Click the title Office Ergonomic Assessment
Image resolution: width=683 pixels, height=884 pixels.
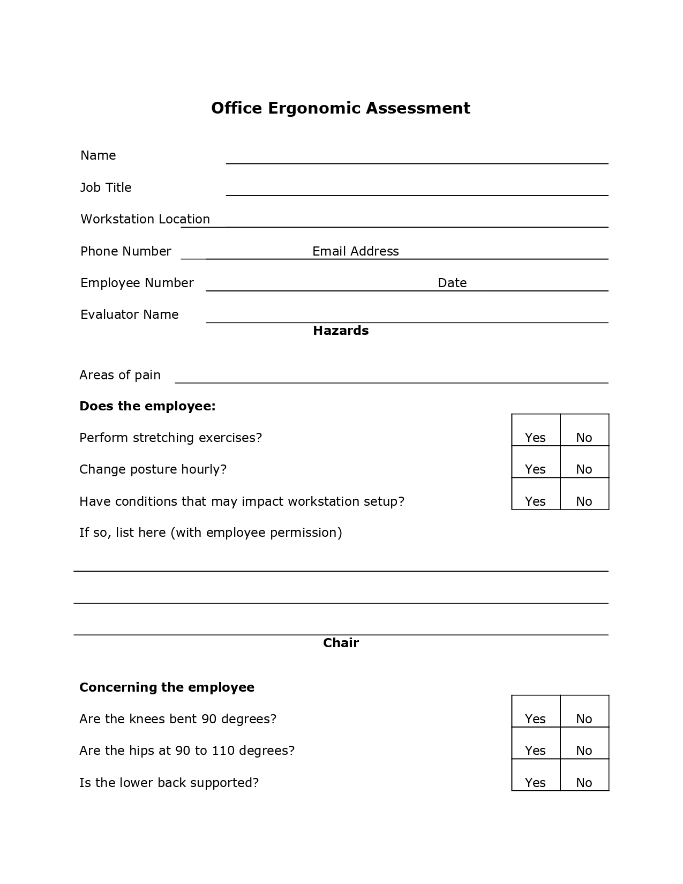[341, 108]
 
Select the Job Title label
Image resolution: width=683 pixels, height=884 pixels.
[106, 188]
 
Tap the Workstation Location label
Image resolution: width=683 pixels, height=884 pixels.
[145, 219]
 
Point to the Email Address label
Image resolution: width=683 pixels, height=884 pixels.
[355, 251]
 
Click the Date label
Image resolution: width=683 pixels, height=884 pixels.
[452, 283]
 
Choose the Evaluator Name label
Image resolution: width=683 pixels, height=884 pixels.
[129, 314]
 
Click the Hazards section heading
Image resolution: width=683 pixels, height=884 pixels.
[341, 331]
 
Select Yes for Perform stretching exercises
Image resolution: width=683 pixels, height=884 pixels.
[535, 437]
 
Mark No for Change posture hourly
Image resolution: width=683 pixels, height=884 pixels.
[584, 469]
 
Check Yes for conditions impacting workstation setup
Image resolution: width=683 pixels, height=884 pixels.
[535, 501]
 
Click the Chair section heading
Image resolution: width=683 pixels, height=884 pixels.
[341, 643]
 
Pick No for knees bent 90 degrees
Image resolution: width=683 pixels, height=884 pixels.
[584, 718]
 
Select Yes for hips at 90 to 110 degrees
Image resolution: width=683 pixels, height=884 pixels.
[535, 750]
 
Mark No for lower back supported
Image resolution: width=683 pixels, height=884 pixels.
[584, 782]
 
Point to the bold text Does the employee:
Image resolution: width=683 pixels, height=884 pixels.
[147, 406]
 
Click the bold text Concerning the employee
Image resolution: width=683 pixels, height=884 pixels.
[167, 687]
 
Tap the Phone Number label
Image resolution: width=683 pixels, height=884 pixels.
[125, 251]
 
